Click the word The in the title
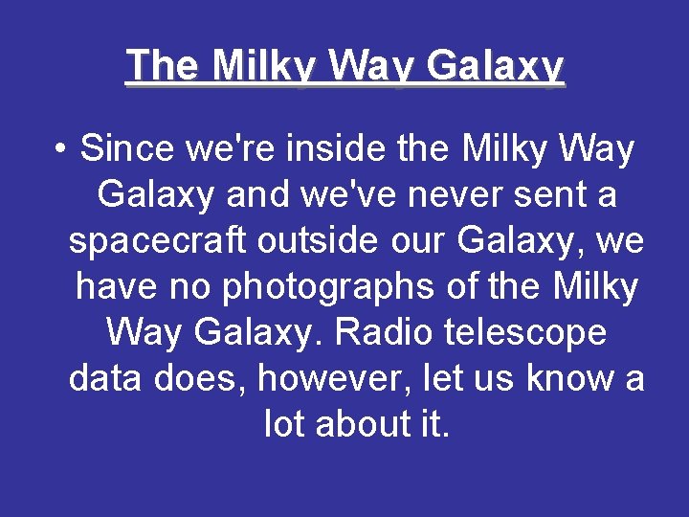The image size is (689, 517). point(162,66)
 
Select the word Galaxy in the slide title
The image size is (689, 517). point(496,67)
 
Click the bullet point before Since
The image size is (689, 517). point(60,150)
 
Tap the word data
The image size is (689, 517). point(105,379)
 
